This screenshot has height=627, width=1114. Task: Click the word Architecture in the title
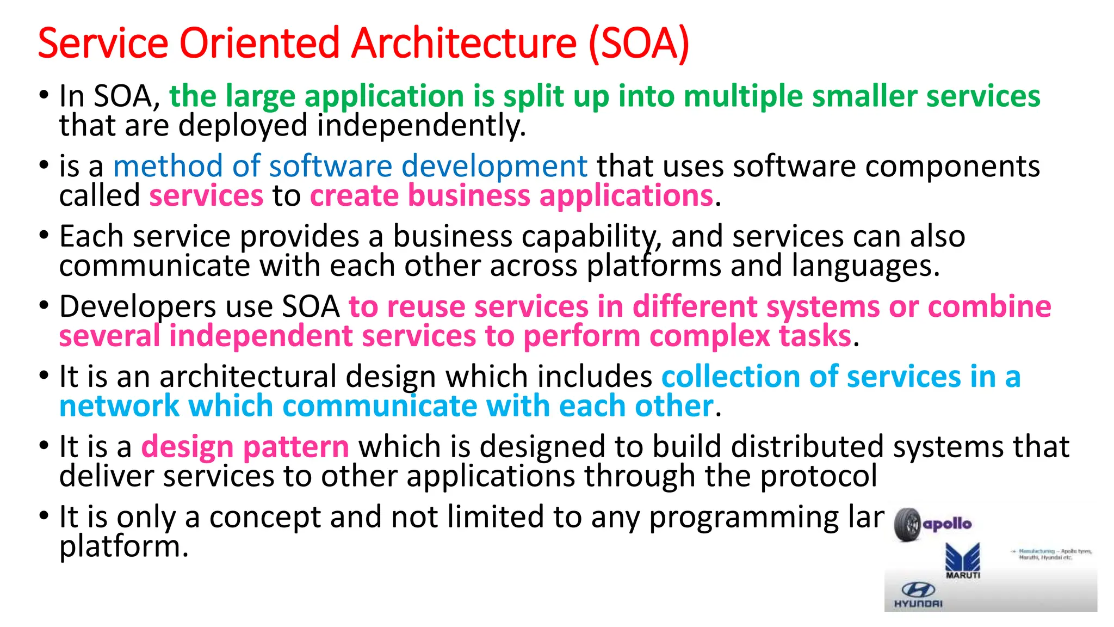[463, 44]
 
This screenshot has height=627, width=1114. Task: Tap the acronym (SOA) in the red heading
[639, 44]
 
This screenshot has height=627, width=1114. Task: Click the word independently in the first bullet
[422, 126]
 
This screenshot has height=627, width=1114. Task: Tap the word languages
[865, 266]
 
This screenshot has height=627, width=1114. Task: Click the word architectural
[248, 377]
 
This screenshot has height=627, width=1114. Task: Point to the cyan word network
[119, 406]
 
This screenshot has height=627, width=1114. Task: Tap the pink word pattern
[296, 447]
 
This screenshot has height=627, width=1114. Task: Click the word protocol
[818, 476]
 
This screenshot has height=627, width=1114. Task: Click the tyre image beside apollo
[907, 525]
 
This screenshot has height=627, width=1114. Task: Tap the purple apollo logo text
[948, 524]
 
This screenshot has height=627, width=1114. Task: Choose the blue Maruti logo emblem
[963, 557]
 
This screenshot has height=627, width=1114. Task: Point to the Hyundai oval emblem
[918, 589]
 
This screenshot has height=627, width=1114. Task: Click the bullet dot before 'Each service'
[44, 236]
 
